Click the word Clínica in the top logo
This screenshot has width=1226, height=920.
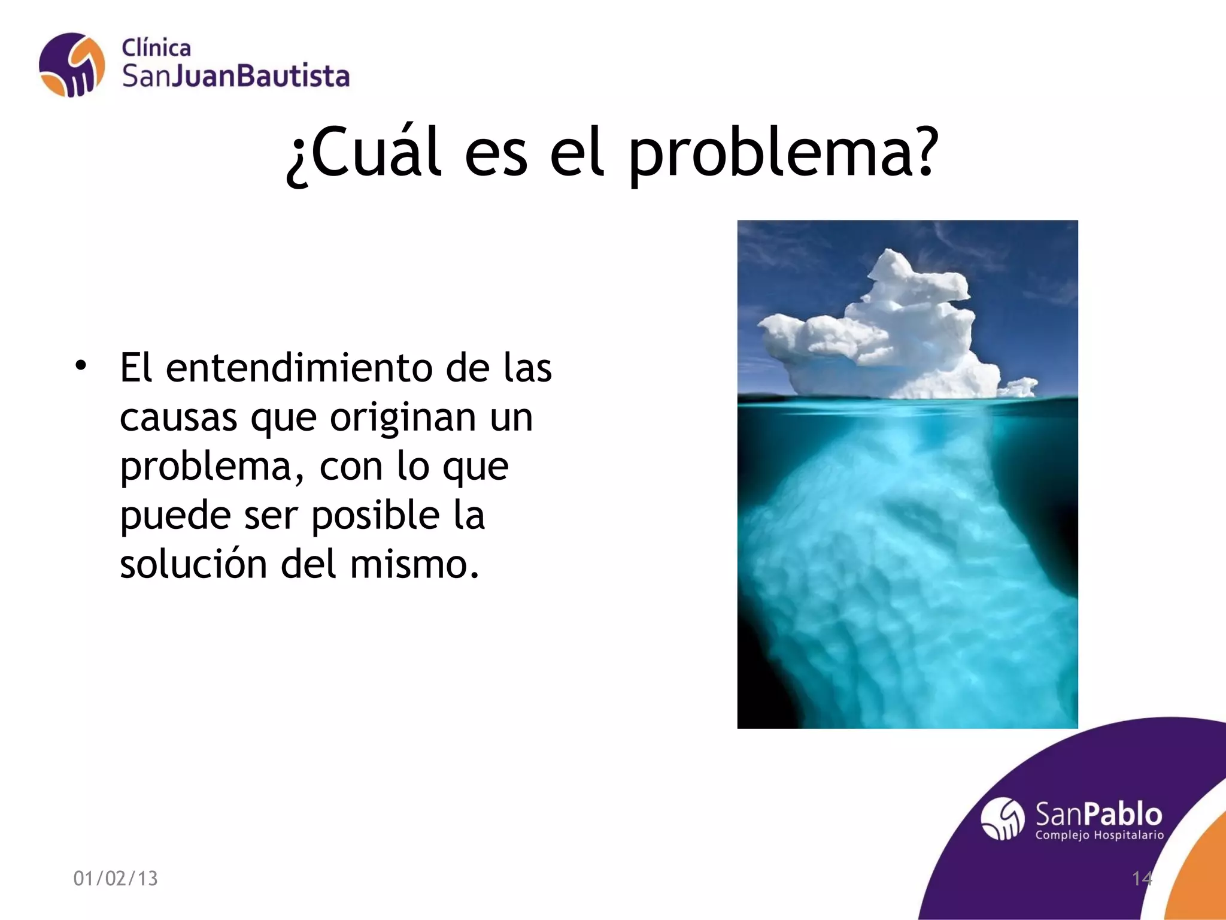tap(156, 48)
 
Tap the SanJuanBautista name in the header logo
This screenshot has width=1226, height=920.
tap(235, 77)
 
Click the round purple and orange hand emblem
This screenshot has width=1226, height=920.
tap(71, 65)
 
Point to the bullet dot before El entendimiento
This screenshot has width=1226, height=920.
tap(81, 365)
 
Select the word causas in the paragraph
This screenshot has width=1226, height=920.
tap(178, 418)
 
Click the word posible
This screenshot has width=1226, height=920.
tap(375, 516)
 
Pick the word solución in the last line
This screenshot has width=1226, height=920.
tap(193, 564)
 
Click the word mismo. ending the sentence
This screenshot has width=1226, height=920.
tap(414, 564)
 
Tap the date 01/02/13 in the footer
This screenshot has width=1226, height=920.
tap(116, 878)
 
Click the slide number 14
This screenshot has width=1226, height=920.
tap(1142, 878)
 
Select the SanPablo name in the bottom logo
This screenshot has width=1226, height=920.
tap(1098, 815)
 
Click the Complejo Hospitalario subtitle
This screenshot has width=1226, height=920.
tap(1099, 835)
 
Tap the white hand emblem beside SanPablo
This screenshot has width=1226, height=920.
tap(1003, 819)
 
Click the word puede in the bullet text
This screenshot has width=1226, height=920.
tap(175, 516)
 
